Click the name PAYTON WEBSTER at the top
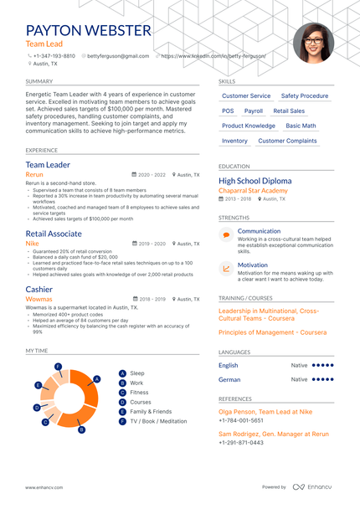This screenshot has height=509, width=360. point(89,31)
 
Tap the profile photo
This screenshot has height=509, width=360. point(314,43)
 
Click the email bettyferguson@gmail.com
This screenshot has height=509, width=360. point(118,56)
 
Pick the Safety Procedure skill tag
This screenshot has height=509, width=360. point(304,96)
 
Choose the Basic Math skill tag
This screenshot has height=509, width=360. point(301,126)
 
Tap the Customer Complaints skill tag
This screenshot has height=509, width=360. point(287,141)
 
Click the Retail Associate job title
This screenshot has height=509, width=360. point(54,234)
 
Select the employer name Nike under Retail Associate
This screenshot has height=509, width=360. point(33,244)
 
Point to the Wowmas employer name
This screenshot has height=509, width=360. point(39,298)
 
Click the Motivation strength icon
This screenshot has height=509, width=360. point(226,269)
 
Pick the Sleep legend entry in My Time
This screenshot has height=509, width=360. point(137,373)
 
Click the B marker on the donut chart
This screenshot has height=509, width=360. point(81,430)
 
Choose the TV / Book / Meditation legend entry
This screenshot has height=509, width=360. point(158,421)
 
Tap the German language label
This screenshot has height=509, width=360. point(229,379)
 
